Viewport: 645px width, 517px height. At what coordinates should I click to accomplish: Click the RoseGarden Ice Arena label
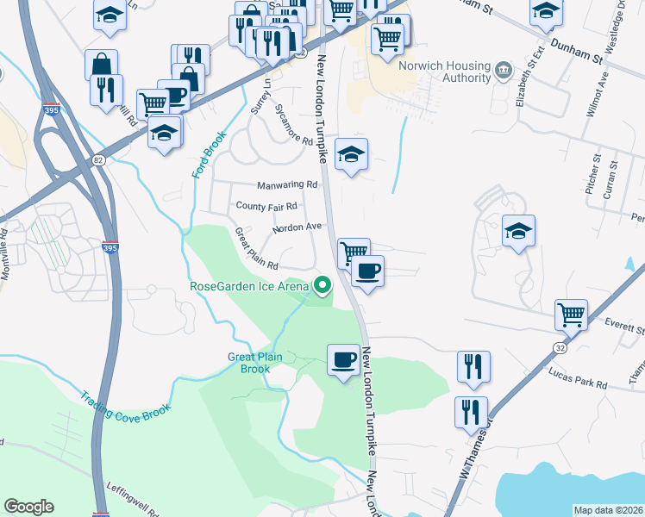coord(249,286)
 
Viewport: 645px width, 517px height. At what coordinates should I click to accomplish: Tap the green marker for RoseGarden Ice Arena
coord(323,284)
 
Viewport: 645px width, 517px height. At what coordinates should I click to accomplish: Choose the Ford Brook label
coord(202,156)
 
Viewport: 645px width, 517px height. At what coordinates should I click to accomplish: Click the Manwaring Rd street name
coord(287,185)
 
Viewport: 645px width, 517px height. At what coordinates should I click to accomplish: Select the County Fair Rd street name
coord(266,207)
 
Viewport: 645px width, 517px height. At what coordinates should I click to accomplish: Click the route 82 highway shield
coord(99,160)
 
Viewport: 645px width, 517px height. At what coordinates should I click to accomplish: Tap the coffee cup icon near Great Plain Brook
coord(343,358)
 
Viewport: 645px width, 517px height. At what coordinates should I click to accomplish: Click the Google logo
coord(28,507)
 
